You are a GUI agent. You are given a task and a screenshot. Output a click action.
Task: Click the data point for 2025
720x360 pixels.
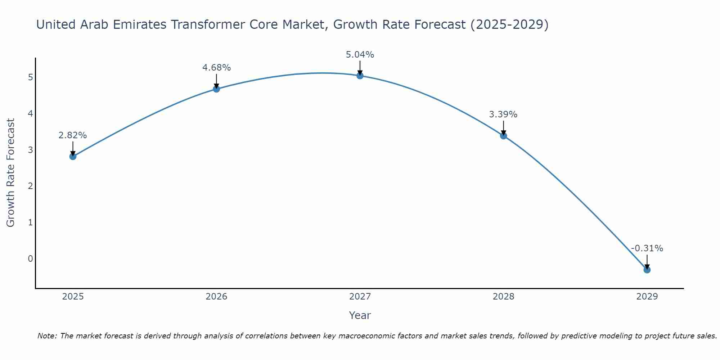point(73,156)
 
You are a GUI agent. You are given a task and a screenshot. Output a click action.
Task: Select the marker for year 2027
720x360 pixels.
point(360,76)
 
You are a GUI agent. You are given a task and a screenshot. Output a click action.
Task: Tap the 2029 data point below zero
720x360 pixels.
point(647,270)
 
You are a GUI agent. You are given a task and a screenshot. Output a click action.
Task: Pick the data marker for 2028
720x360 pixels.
point(503,136)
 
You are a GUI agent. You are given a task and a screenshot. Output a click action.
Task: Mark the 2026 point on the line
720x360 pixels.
point(216,89)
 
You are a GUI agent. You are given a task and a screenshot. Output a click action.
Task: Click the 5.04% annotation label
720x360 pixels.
point(360,55)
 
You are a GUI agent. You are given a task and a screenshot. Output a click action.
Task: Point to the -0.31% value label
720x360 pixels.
point(647,248)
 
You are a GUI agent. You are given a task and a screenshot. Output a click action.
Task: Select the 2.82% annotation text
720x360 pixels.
point(73,135)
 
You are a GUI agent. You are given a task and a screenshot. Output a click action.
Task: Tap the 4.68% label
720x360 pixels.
point(216,68)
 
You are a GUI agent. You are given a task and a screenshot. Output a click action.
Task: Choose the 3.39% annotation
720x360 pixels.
point(503,114)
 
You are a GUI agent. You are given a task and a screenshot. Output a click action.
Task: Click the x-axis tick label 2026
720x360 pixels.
point(216,297)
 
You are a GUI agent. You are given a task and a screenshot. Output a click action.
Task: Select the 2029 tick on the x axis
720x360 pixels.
point(647,297)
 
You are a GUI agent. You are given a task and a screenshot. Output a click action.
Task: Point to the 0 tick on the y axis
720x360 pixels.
point(30,258)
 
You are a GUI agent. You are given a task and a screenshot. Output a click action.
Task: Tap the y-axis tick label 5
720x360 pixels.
point(30,77)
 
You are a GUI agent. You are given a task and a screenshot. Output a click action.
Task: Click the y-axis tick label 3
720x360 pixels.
point(30,150)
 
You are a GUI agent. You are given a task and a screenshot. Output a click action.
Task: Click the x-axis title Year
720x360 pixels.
point(360,315)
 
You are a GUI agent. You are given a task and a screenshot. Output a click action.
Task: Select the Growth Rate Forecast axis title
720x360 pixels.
point(11,173)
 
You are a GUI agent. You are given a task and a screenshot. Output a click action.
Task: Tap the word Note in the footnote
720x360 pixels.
point(47,336)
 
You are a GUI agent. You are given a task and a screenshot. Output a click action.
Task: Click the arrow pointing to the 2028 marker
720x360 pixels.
point(503,128)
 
